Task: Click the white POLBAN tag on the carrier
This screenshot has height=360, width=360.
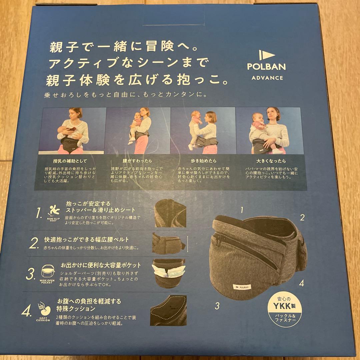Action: (243, 286)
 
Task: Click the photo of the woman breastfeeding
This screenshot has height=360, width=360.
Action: (72, 131)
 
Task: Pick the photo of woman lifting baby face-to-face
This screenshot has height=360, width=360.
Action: (203, 131)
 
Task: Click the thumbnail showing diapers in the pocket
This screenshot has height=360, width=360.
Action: (169, 273)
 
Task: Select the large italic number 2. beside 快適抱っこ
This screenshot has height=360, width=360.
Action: (34, 244)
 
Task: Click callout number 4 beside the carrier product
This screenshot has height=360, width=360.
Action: (301, 284)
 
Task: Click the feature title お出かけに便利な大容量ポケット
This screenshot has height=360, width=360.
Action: (101, 266)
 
